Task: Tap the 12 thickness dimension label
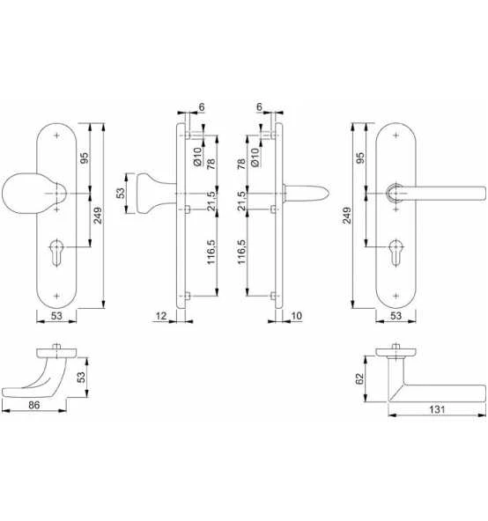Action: (159, 313)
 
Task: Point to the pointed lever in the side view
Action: (308, 193)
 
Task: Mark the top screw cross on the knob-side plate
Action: (58, 136)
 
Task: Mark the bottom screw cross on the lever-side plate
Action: (398, 293)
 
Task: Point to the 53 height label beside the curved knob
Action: (81, 377)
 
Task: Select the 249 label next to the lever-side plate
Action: (349, 215)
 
